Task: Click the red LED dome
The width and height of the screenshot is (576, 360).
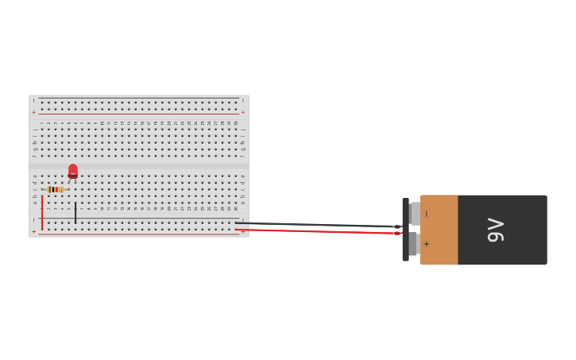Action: click(73, 170)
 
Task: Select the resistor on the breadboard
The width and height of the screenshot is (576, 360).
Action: click(55, 189)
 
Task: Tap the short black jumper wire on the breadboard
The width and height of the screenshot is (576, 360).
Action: click(75, 212)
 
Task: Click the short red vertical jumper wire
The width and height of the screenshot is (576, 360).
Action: click(42, 212)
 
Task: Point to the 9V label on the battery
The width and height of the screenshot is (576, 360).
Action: click(495, 230)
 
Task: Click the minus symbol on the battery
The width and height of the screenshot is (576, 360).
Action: click(427, 214)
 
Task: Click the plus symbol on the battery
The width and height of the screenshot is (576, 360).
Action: click(427, 244)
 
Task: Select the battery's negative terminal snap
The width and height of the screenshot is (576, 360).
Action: click(415, 213)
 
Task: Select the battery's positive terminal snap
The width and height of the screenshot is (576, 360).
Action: click(414, 244)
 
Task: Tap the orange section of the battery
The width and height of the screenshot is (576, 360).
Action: click(439, 230)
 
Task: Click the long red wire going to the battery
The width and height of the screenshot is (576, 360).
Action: click(318, 231)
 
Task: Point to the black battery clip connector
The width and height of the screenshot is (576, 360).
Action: click(405, 230)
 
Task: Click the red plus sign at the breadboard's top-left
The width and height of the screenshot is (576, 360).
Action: click(33, 112)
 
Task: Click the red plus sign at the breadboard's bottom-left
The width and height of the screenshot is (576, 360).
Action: click(33, 231)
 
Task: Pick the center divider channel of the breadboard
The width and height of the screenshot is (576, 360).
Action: click(139, 165)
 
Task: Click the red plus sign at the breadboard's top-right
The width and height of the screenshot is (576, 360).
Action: click(243, 112)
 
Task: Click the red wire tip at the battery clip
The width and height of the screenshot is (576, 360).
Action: click(397, 233)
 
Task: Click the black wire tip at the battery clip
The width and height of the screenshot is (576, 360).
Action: click(396, 226)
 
